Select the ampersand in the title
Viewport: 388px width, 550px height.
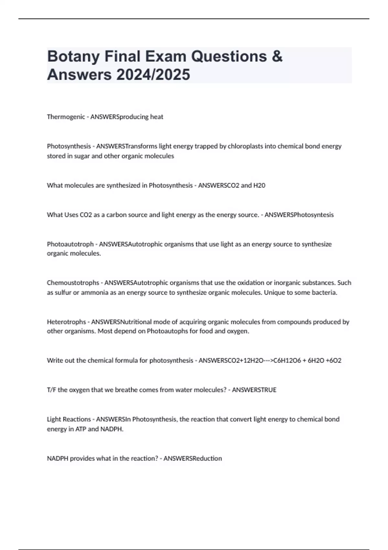pos(277,57)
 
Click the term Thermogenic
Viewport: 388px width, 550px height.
pos(66,117)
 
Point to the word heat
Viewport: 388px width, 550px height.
pos(156,117)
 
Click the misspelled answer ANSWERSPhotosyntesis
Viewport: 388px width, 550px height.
pos(299,215)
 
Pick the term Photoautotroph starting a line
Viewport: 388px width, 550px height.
pos(70,244)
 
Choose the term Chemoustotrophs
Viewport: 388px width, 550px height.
pos(73,283)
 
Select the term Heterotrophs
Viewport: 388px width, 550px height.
pos(66,322)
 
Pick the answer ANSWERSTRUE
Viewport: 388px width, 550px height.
pos(254,390)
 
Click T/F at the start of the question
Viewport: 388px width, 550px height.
pos(51,390)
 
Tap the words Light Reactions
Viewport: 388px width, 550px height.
pos(69,419)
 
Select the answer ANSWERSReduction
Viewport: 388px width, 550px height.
pos(193,458)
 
